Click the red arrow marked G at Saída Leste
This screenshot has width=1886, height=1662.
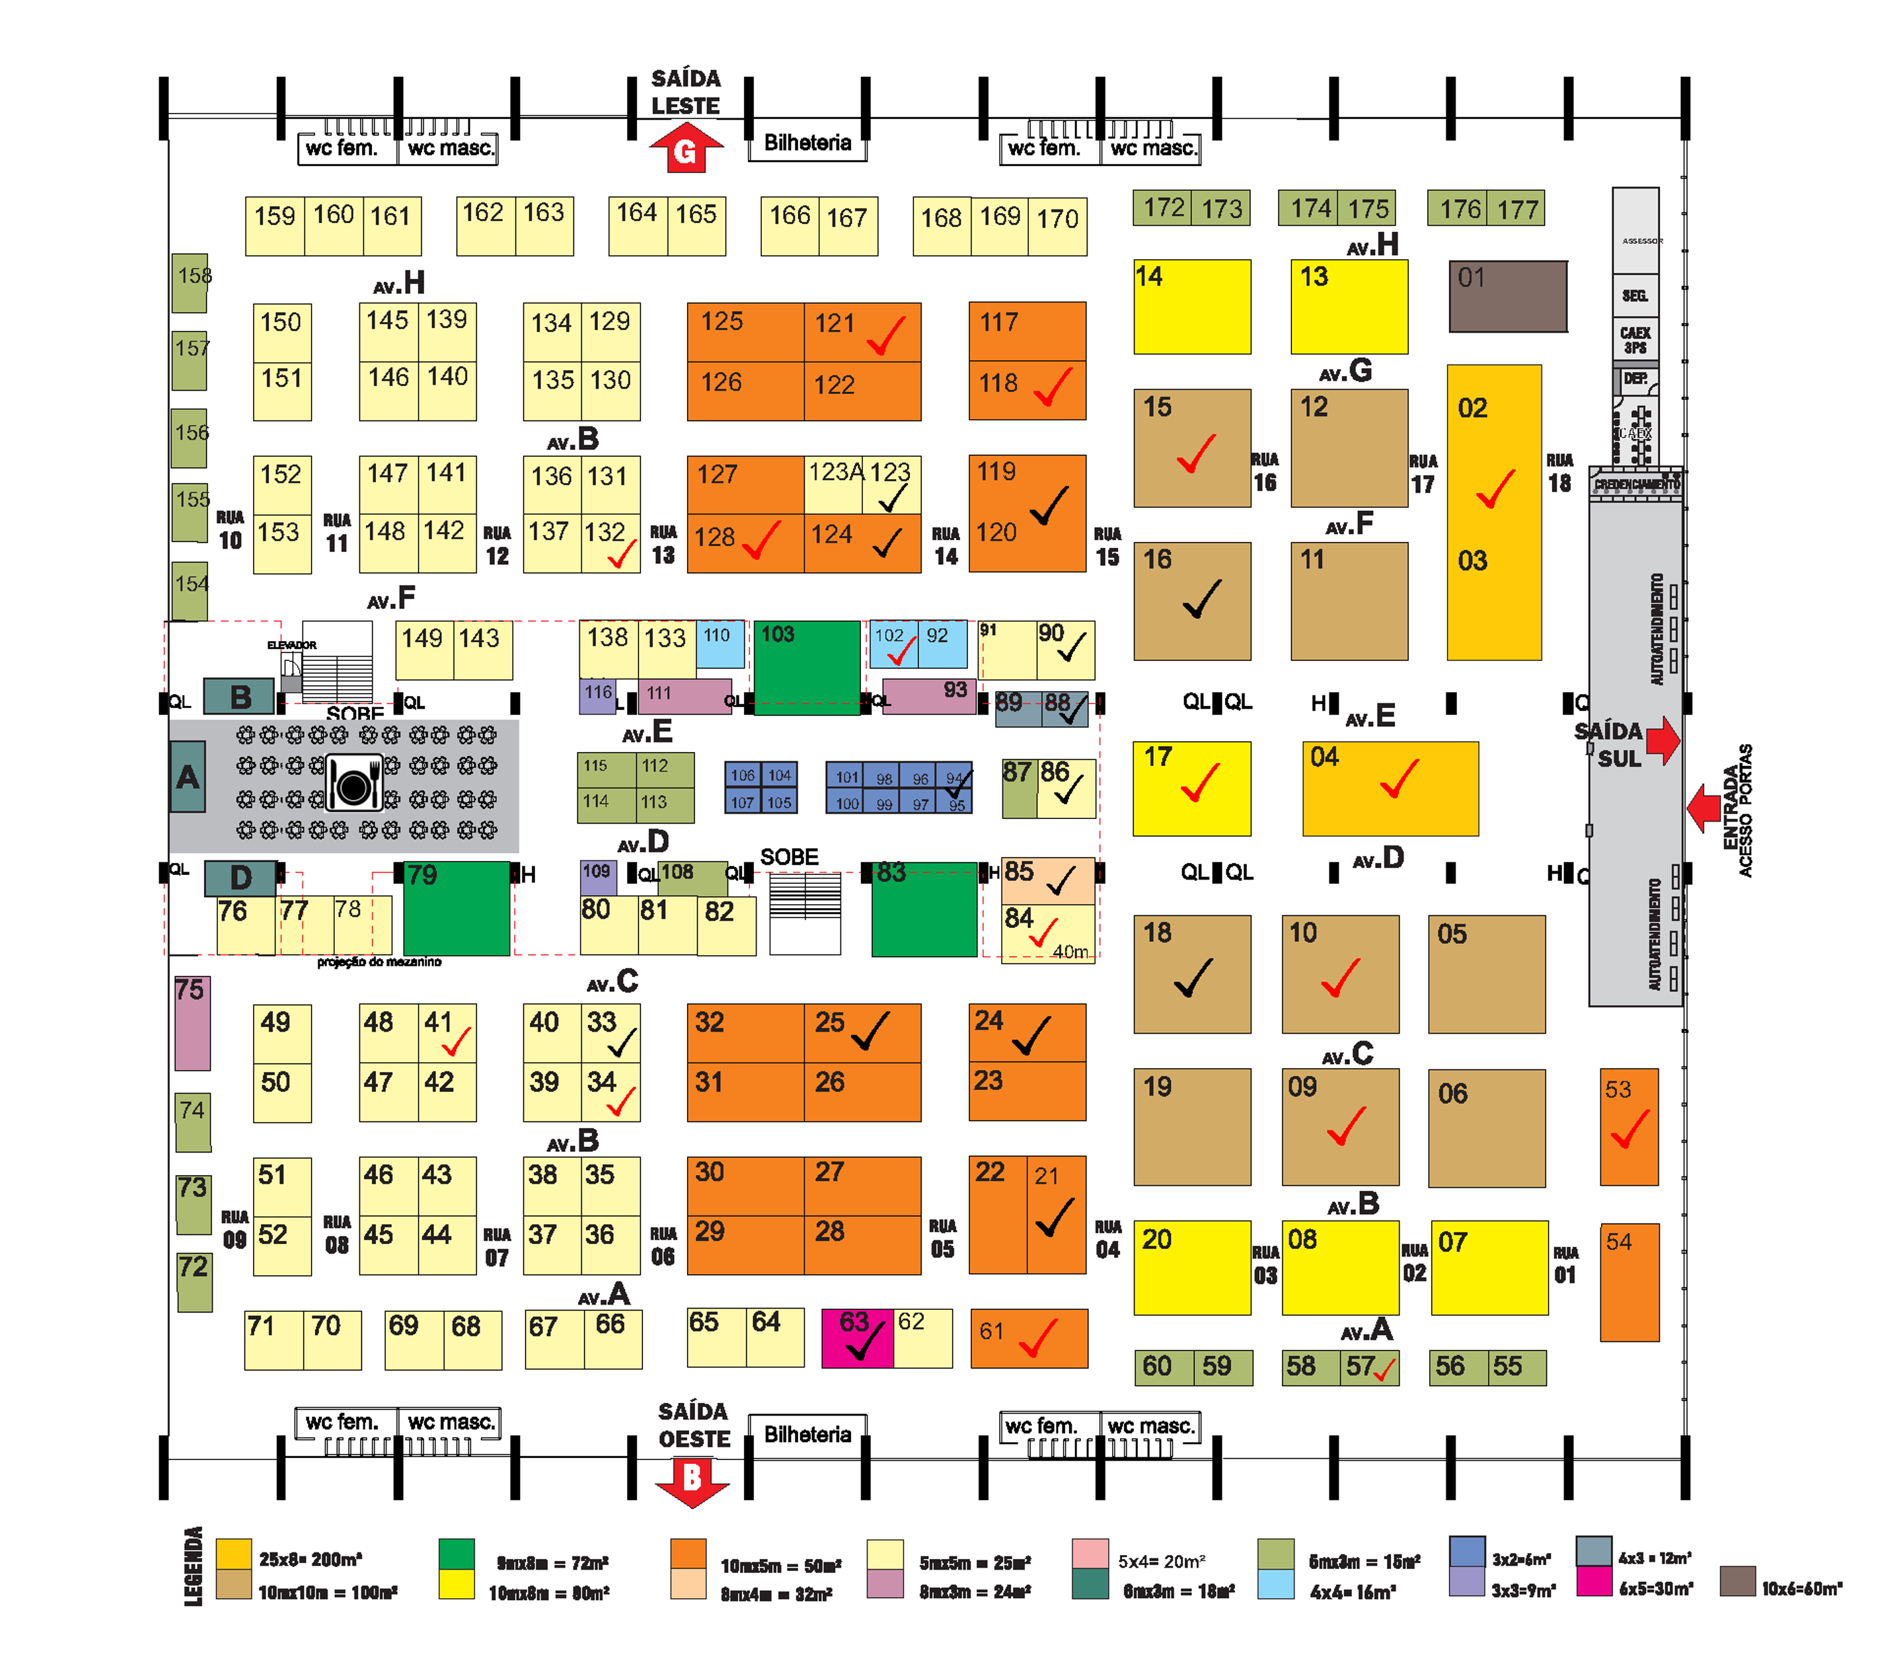(686, 149)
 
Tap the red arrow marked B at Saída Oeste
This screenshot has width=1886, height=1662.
(692, 1479)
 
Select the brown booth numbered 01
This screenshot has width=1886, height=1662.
(1508, 296)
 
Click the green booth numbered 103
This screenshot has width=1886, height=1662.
(807, 666)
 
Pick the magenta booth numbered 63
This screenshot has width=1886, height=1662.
(857, 1337)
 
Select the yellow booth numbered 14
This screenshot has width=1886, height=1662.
(1192, 306)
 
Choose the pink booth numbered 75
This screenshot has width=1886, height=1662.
(192, 1022)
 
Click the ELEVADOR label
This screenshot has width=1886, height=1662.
(292, 645)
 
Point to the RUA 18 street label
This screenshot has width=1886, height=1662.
(1559, 472)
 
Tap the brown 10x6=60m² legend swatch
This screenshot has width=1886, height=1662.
(1737, 1581)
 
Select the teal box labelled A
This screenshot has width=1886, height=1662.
(187, 777)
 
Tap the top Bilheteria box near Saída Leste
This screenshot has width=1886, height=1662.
(807, 143)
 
